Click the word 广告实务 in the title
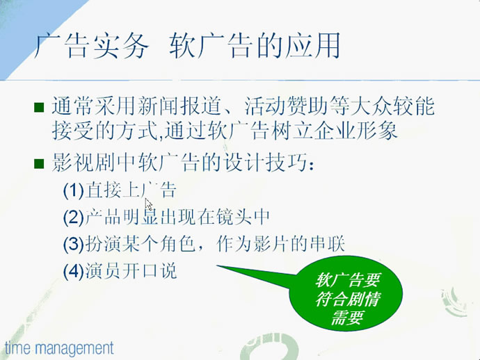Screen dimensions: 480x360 tap(91, 46)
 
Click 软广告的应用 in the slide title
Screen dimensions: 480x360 tap(255, 46)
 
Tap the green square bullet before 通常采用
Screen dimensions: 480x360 tap(39, 107)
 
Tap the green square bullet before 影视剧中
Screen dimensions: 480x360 tap(39, 163)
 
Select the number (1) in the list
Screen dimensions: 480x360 tap(74, 190)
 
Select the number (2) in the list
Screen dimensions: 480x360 tap(74, 217)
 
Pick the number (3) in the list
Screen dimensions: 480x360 tap(74, 244)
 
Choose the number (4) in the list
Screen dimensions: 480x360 tap(74, 271)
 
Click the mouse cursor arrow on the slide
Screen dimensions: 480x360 tap(148, 204)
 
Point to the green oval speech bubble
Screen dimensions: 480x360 tap(346, 293)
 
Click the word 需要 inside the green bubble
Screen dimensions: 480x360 tap(347, 318)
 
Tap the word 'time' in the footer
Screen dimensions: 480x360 tap(18, 348)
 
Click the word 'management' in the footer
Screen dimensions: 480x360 tap(74, 349)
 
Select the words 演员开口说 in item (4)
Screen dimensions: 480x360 tap(131, 271)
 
